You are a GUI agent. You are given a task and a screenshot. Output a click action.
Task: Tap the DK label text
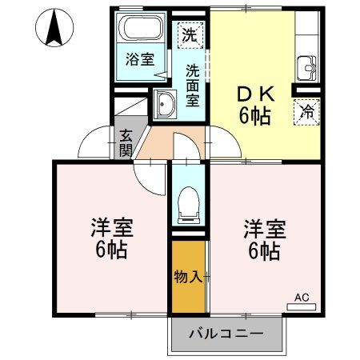pos(254,94)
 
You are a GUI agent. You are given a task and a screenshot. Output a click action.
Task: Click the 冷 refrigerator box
pos(306,112)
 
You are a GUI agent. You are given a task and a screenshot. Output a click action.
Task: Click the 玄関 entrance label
pos(126,142)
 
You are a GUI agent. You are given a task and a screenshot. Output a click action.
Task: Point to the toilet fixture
pos(189,202)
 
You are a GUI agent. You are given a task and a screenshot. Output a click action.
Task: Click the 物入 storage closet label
pos(188,277)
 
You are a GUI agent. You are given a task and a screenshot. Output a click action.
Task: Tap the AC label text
pos(302,296)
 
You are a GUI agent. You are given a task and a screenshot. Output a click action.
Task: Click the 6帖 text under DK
pos(254,116)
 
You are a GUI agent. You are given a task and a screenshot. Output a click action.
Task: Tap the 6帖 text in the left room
pos(110,250)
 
